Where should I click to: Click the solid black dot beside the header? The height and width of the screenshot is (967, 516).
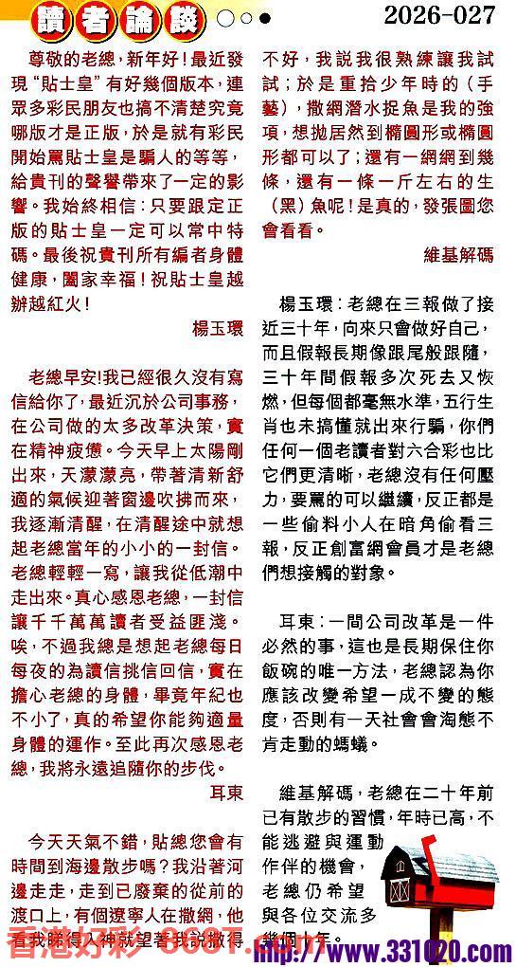pyautogui.click(x=265, y=18)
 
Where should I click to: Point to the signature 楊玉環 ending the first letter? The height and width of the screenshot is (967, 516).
pyautogui.click(x=218, y=328)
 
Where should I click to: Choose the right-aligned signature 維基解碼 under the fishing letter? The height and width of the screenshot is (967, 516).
pyautogui.click(x=459, y=254)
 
